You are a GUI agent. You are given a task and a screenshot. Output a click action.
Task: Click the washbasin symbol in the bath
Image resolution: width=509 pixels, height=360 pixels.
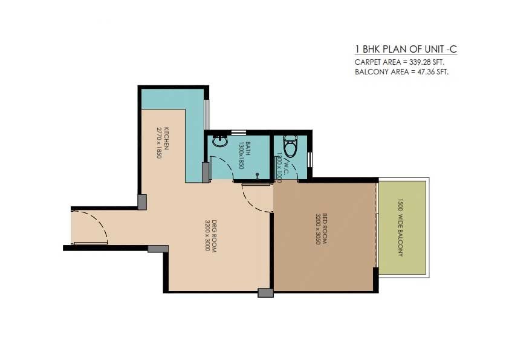[x=218, y=142]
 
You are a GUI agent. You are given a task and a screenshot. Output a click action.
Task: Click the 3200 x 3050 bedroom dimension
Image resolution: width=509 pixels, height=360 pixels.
[x=317, y=228]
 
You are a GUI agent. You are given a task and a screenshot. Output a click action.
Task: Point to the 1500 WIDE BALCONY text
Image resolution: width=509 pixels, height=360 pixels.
[x=400, y=227]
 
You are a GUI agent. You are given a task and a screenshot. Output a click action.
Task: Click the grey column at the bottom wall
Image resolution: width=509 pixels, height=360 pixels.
[x=265, y=293]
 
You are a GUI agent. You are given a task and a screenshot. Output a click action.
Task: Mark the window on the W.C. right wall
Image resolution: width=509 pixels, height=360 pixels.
[x=310, y=159]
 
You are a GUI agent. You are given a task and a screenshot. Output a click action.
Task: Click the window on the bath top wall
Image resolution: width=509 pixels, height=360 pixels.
[x=239, y=132]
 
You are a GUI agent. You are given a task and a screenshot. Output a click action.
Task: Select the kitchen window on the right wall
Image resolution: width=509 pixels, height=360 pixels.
[x=207, y=114]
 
